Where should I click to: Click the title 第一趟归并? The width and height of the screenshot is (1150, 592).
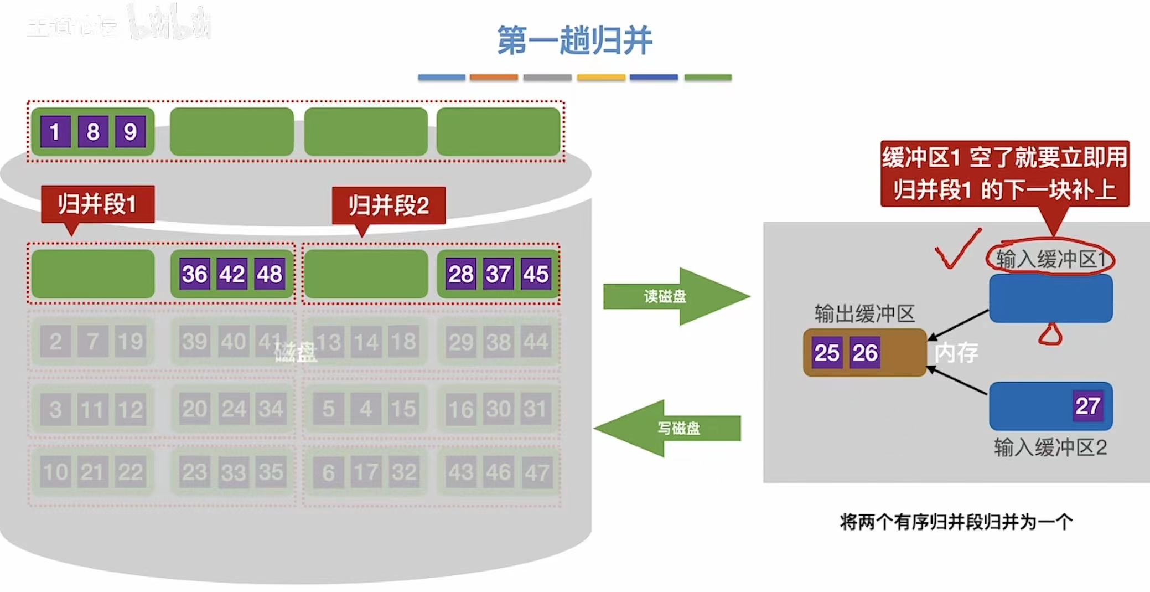(574, 40)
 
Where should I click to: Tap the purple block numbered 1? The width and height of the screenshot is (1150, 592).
(55, 132)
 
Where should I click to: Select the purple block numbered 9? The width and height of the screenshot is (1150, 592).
(130, 132)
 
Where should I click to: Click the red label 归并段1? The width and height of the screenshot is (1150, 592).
(97, 204)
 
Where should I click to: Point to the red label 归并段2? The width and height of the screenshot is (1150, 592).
(388, 205)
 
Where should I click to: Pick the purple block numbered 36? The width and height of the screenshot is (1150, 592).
(195, 274)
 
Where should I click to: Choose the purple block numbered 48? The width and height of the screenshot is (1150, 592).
(270, 274)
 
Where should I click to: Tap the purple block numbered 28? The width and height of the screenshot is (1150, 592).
(460, 274)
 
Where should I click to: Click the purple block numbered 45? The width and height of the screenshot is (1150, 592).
(536, 274)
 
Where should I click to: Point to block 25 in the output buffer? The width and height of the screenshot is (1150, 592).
(827, 353)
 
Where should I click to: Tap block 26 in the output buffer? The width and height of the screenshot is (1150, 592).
(865, 353)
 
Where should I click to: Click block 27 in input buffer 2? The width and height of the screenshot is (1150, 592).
(1087, 406)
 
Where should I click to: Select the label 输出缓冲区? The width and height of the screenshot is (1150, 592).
(864, 314)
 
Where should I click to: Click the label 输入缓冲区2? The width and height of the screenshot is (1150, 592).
(1050, 447)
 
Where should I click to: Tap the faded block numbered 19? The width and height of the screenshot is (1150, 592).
(130, 341)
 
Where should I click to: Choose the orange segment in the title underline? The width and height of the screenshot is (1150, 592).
(494, 78)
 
